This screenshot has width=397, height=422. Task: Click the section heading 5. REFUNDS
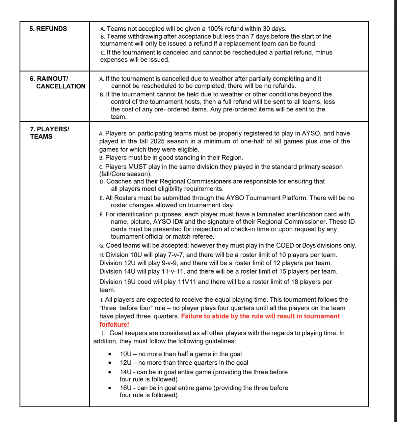point(48,29)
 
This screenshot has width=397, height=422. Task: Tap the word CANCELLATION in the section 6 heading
point(61,86)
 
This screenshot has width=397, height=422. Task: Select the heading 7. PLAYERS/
point(50,129)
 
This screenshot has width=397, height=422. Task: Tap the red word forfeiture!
point(114,324)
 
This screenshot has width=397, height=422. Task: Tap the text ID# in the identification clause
point(176,222)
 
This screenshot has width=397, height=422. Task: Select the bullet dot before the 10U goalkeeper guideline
point(110,354)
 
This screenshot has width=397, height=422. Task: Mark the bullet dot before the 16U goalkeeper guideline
point(110,388)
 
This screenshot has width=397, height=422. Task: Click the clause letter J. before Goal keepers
point(103,333)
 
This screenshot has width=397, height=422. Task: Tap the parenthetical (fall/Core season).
point(125,174)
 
